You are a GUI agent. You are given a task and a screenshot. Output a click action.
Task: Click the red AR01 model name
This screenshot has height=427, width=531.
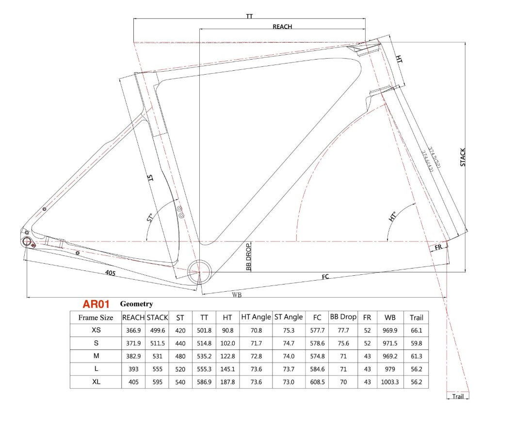[96, 304]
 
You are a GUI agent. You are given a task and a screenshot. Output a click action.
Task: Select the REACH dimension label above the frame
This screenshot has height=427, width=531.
[282, 26]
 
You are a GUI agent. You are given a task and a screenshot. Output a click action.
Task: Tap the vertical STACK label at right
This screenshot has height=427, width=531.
[463, 158]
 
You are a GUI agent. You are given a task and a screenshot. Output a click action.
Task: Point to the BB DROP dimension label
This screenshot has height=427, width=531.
[248, 257]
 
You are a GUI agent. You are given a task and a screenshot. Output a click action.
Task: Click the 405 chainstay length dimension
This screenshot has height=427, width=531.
[110, 273]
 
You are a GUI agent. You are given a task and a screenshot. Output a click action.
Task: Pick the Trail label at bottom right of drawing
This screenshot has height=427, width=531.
[457, 396]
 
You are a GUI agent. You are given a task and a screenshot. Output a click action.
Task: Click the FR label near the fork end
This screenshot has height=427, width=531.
[438, 247]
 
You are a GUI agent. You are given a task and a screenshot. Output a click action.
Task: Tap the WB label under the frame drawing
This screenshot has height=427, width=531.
[237, 295]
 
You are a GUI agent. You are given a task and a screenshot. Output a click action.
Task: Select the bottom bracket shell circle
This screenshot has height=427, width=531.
[199, 271]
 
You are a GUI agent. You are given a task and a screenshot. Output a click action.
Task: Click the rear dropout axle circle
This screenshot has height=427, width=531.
[27, 241]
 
